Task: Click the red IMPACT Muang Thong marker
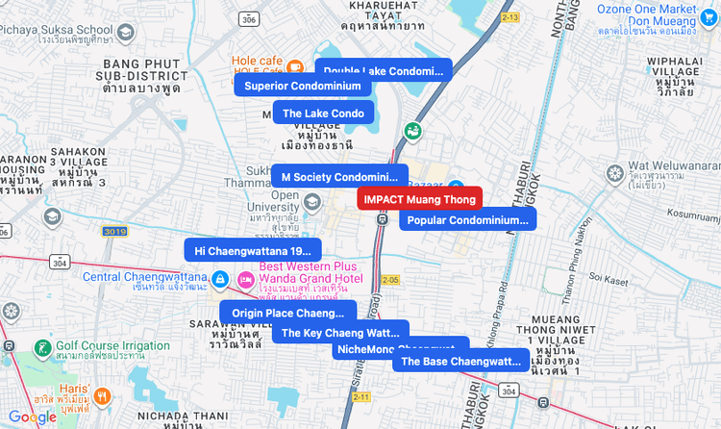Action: point(419,199)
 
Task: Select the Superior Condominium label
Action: point(303,86)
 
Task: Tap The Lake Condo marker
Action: point(323,114)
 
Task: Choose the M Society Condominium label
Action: point(337,177)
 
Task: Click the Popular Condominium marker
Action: point(467,220)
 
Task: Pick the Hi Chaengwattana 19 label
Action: point(253,250)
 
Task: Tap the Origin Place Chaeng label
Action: point(287,313)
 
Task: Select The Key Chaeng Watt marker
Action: point(341,333)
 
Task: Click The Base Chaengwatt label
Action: point(460,362)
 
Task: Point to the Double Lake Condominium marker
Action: point(384,71)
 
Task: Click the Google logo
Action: point(32,416)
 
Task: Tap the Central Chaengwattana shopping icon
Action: point(220,280)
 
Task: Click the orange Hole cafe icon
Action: point(296,66)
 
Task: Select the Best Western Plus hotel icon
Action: point(245,279)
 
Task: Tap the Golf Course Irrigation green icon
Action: point(42,347)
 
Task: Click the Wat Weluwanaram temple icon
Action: point(615,173)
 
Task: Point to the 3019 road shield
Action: point(114,232)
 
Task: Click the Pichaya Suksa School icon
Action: point(124,32)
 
